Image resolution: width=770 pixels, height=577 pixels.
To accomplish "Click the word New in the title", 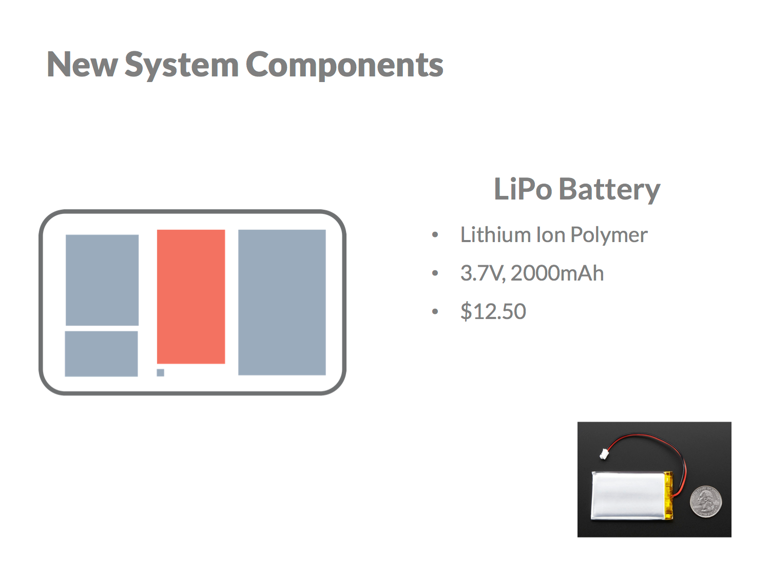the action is coord(82,65).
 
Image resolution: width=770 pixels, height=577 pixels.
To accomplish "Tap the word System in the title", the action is coord(181,65).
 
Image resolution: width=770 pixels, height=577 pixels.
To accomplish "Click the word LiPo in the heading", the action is coord(523,189).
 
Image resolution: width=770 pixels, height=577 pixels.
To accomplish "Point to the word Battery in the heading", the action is coord(609,189).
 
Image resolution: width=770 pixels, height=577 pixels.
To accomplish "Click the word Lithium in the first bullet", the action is coord(495,235).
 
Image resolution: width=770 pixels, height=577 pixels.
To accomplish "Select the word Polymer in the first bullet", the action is coord(609,235).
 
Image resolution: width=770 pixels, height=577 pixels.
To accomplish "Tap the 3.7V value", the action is coord(482,273).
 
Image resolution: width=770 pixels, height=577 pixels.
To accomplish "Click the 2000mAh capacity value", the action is coord(557,273).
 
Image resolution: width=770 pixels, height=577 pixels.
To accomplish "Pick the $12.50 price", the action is coord(493,312).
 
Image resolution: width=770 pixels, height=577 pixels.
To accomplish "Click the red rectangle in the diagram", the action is coord(191,296).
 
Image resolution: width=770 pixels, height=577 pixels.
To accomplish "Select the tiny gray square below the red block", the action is coord(161,372).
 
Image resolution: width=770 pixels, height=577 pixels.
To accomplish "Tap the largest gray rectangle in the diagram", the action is coord(282,302).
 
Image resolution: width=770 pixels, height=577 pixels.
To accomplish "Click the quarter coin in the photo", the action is coord(706,501).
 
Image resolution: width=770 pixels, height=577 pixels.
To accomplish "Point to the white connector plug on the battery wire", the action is coord(604,454).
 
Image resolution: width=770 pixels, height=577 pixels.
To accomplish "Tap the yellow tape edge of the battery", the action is coord(668,495).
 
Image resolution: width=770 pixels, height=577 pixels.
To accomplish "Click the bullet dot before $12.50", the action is coord(435,312).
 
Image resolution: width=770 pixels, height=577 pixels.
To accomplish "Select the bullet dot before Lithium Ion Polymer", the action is coord(435,235).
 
